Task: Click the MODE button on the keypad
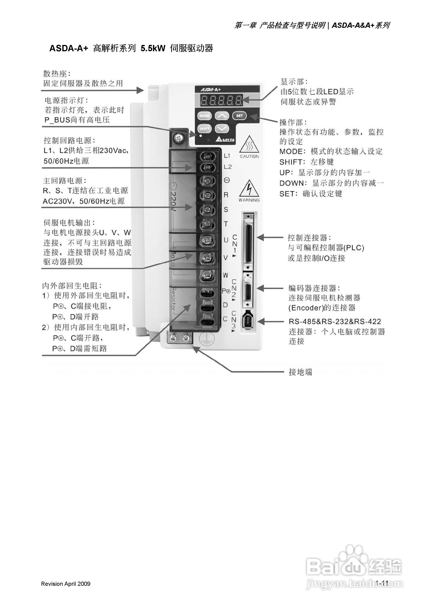[204, 116]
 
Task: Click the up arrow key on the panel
[222, 116]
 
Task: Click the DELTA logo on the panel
[225, 140]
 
